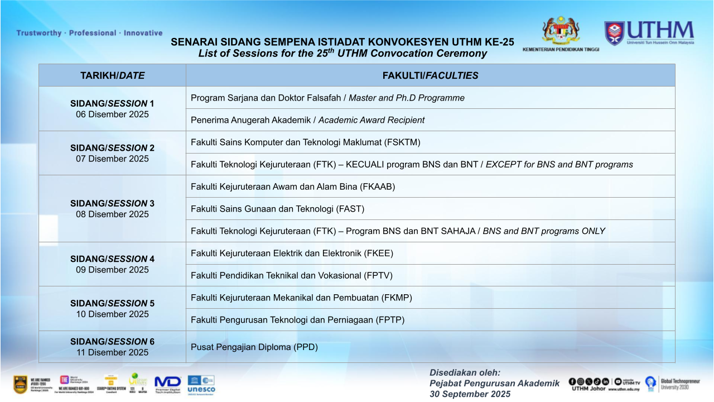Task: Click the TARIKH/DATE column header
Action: pos(112,75)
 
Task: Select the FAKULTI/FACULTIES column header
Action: pos(430,75)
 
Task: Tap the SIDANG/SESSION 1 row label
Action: pos(112,103)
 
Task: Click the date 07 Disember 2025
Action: pos(112,159)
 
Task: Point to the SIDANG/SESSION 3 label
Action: pos(112,203)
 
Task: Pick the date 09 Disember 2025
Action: pos(112,270)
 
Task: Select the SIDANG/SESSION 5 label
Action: pos(112,303)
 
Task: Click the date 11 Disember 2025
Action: pos(112,352)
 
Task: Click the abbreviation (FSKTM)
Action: pos(402,142)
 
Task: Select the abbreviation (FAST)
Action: pos(350,209)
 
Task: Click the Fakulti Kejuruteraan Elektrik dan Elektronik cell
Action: pos(292,253)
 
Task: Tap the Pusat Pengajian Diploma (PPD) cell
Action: pos(254,347)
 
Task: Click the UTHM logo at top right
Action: pos(649,33)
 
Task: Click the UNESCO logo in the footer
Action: pos(201,384)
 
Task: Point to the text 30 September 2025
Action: pos(470,394)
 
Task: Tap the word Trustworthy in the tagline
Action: pos(39,33)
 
